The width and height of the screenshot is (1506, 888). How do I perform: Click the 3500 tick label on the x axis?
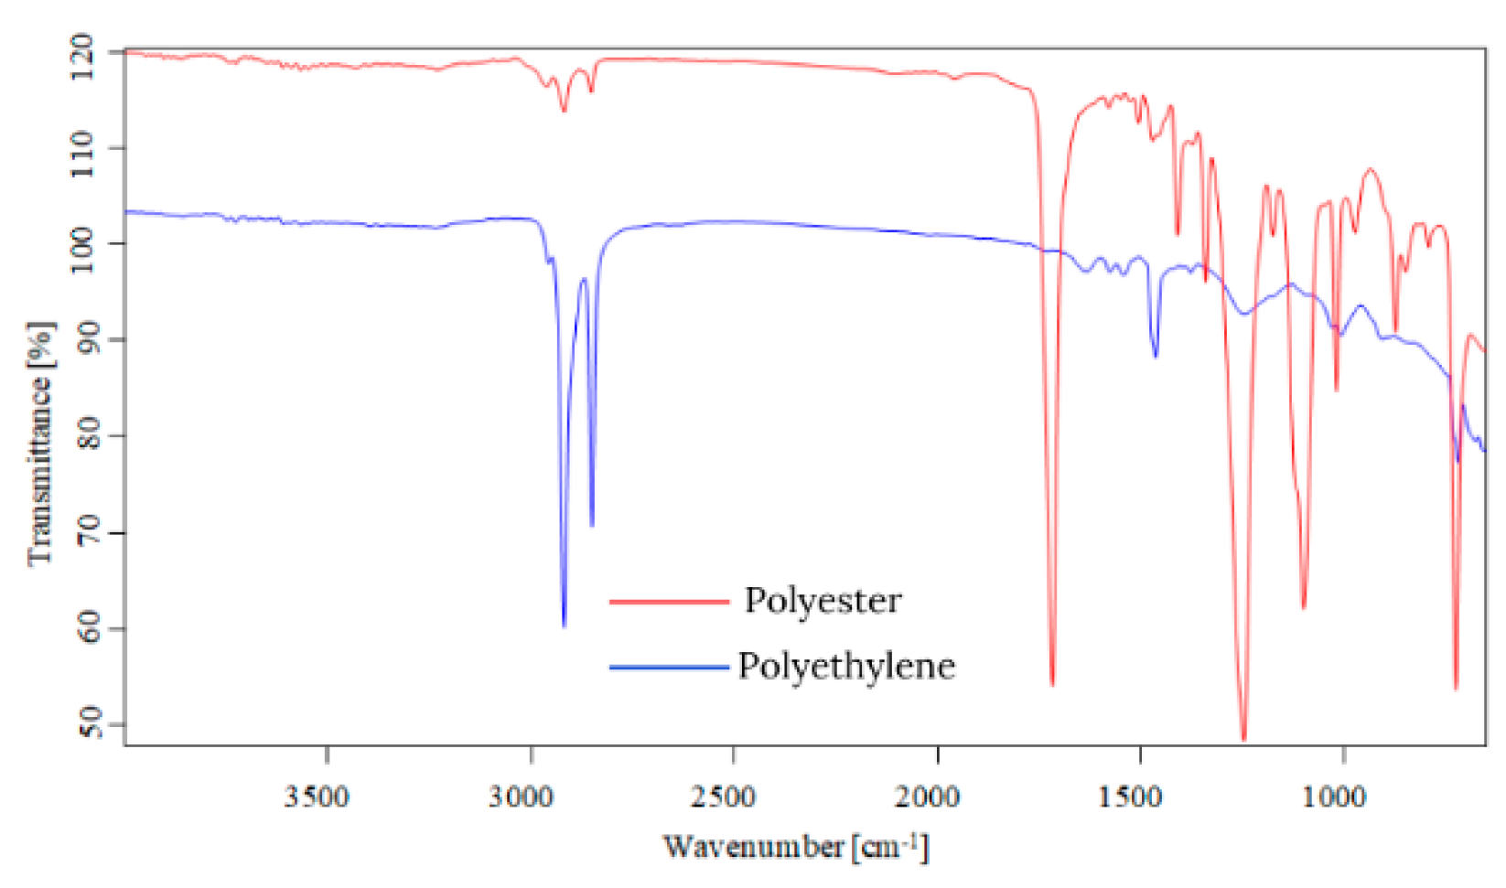pos(317,797)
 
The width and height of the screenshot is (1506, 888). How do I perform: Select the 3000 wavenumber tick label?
pos(521,797)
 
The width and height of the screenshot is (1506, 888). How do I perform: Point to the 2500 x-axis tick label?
pos(724,797)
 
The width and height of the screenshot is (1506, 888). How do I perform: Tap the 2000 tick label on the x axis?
pos(928,797)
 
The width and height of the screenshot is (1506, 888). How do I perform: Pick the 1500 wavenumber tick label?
pos(1131,797)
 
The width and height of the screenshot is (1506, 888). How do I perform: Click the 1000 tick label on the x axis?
pos(1334,797)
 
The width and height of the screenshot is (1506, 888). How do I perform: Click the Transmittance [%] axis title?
pos(40,444)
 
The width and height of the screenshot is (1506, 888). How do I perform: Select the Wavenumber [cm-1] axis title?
pos(795,847)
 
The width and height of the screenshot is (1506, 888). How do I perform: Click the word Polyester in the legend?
pos(823,601)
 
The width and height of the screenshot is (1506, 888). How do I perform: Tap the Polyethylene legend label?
pos(846,666)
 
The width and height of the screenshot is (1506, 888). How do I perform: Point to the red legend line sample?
pos(669,602)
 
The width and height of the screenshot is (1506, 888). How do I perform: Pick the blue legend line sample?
pos(669,668)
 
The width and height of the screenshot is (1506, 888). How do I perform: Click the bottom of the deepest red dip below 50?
pos(1243,739)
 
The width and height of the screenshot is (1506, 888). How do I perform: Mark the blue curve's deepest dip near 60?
pos(564,626)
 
